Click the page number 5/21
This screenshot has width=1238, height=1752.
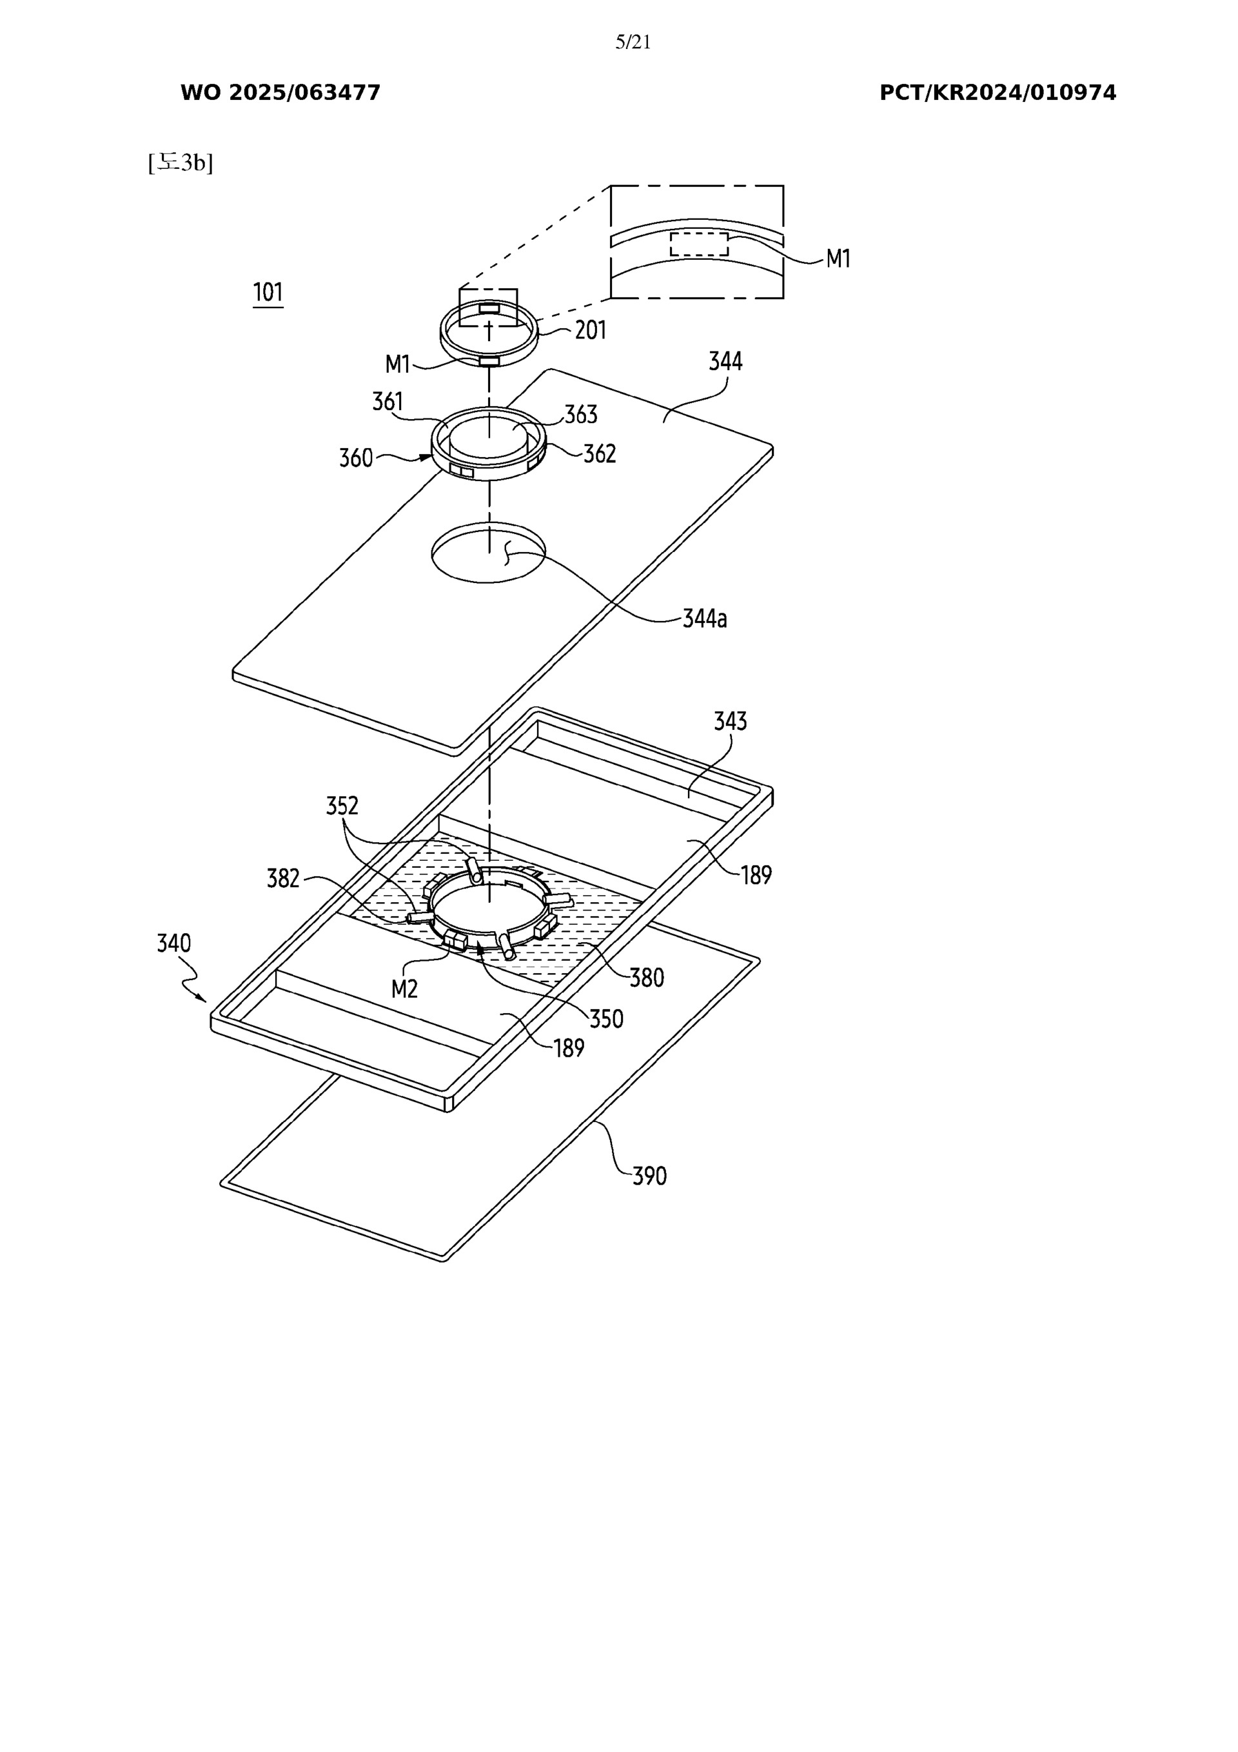pos(633,43)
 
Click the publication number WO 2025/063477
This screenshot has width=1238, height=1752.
pos(280,93)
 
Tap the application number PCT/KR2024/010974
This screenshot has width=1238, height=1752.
pos(997,93)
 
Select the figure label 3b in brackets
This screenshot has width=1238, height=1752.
pos(181,162)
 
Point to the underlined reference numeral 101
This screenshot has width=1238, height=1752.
pos(268,292)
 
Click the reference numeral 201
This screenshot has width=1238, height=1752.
pos(590,330)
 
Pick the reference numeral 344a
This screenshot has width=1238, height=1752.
pos(705,619)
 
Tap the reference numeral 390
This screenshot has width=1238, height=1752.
pos(649,1176)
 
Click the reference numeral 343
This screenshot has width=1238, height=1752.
pos(730,721)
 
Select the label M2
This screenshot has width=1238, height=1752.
pos(404,989)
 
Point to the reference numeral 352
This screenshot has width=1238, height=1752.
pos(342,806)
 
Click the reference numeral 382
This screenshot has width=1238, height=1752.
pos(283,879)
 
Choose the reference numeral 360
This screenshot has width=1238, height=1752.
pos(356,458)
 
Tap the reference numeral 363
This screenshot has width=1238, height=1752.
pos(581,415)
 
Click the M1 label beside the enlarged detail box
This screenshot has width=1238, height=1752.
pos(838,259)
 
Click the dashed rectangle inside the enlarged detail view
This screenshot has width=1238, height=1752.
pos(698,244)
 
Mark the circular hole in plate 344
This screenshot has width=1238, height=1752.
pos(489,553)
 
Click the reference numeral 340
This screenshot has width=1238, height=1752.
pos(173,944)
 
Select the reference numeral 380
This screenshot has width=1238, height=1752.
pos(647,978)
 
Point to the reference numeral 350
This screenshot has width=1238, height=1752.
pos(607,1019)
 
